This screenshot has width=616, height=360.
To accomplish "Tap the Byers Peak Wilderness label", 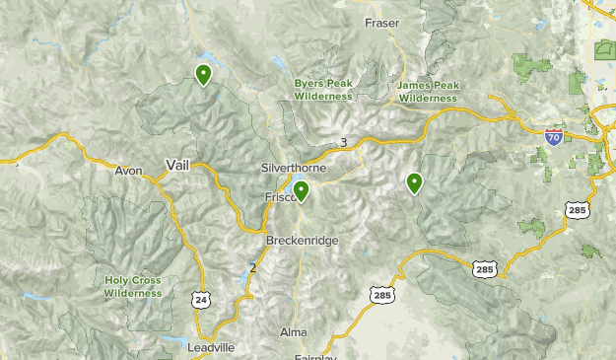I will pos(322,90).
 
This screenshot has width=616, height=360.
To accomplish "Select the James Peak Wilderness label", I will pos(428,92).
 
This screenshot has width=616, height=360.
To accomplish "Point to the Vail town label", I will pos(179,165).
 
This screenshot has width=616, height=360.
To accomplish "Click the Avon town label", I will pos(128,171).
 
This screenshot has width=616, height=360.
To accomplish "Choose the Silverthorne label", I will pos(288,169).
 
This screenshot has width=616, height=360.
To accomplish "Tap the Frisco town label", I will pos(280,197).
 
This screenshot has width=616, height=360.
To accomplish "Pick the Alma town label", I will pos(294,331).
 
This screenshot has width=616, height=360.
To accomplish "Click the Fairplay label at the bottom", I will pos(314,357).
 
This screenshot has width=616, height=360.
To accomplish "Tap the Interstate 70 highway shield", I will pos(554,138).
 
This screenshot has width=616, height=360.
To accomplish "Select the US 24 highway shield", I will pos(201,299).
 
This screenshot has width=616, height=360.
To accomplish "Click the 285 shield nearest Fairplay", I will pos(381,294).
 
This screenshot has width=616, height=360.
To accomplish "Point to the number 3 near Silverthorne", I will pos(343,142).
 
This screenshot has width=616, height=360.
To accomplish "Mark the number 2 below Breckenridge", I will pos(252,267).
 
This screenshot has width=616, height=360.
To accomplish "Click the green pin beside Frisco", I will pos(302,190).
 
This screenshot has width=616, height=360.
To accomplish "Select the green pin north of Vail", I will pos(203,74).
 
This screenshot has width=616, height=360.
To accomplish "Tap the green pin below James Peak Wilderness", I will pos(414,182).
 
